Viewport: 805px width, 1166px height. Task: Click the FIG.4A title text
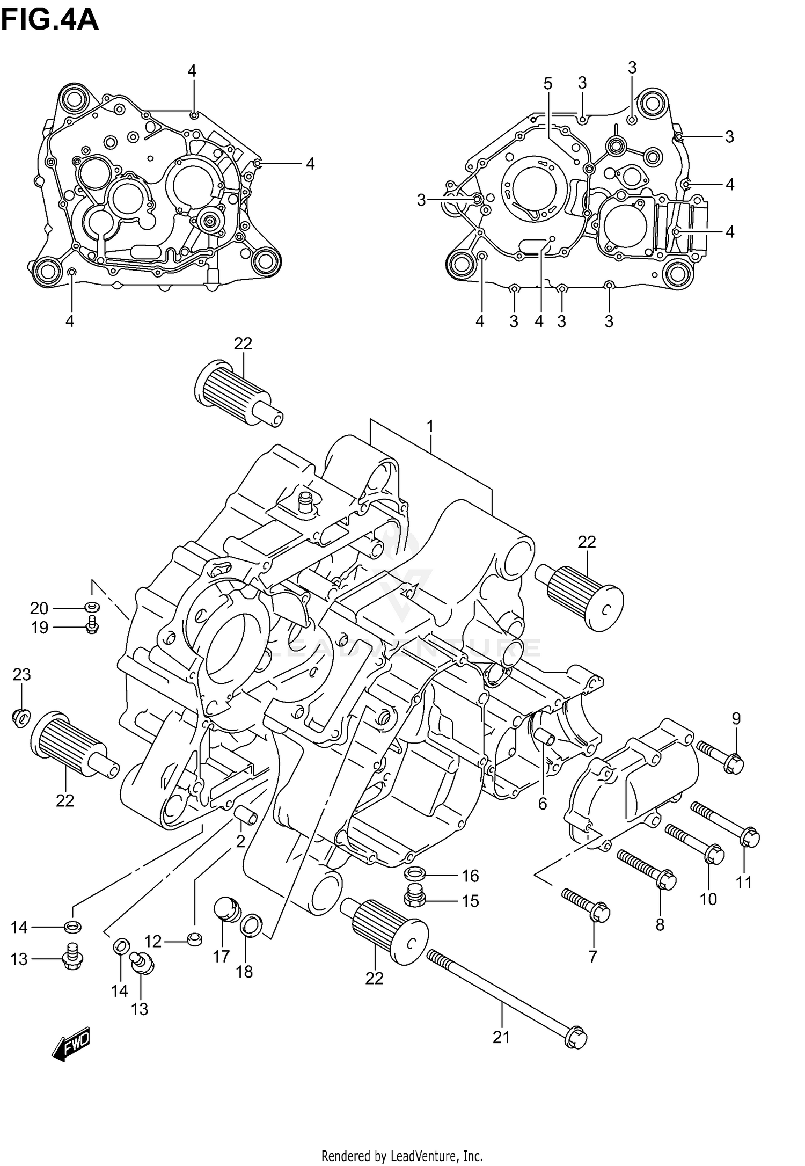[x=50, y=20]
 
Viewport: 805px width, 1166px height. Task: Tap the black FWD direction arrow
[x=71, y=1045]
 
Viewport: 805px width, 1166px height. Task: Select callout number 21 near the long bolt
[x=501, y=1037]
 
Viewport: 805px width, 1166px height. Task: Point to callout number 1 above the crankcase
[x=430, y=427]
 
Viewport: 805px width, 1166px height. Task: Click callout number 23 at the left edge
[x=21, y=674]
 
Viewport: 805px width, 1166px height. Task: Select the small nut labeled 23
[x=20, y=717]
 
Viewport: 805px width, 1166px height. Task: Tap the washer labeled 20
[x=92, y=607]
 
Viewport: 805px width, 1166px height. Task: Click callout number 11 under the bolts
[x=744, y=882]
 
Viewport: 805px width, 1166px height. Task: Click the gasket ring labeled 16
[x=414, y=874]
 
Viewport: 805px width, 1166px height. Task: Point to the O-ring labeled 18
[x=251, y=925]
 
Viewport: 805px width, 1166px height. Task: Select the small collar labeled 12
[x=195, y=939]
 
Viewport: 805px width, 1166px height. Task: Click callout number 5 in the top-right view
[x=547, y=84]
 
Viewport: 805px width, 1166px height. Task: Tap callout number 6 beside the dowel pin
[x=543, y=804]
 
